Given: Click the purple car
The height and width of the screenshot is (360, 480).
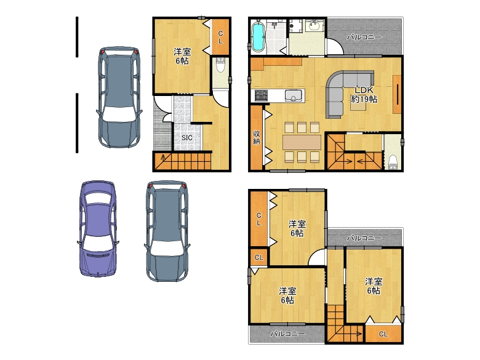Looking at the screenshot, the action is pos(98,229).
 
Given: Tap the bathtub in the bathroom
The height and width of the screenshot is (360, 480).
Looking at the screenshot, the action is pos(258,36).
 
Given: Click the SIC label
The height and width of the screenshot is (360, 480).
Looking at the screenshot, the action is pos(186,138).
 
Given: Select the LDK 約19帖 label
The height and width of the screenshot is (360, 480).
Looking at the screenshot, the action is pos(364,95).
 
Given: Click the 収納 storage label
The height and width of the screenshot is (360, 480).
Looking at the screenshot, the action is pos(257,137).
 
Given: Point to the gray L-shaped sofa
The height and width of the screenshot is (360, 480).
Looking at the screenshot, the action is pos(346,92).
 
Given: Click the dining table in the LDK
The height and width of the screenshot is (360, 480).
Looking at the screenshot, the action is pos(302,142).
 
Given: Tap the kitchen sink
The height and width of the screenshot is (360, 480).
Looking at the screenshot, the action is pos(294,95).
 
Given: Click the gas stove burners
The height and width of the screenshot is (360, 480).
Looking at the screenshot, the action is pos(261,95).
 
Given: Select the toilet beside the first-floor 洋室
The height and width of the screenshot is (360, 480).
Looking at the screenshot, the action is pos(220,64).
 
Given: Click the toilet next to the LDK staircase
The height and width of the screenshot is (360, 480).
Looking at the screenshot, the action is pos(393,162).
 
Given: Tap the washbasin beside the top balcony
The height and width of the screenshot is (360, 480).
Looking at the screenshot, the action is pos(314,25).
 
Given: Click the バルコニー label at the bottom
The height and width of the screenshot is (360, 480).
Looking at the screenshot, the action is pos(287,334).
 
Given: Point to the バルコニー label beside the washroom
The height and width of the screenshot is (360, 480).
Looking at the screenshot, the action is pos(364,38).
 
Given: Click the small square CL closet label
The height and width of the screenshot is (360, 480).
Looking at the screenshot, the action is pos(258,257).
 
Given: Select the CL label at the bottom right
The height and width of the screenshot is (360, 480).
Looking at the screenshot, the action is pos(383,334).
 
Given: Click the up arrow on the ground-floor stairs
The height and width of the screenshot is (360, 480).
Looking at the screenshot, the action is pos(162,158).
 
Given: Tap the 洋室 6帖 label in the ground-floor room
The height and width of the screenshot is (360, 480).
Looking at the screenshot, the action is pos(182,56).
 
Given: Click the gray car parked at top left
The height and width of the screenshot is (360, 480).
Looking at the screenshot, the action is pos(119,97).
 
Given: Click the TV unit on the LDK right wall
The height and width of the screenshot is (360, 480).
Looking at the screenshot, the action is pos(397,94).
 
